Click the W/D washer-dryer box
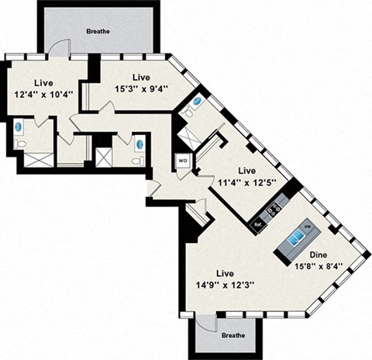[x=183, y=162]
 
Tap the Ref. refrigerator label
[x=258, y=224]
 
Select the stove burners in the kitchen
[x=273, y=209]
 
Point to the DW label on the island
[x=307, y=225]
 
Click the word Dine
[x=319, y=254]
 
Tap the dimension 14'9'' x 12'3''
[x=225, y=285]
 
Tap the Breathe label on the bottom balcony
[x=232, y=335]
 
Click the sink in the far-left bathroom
[x=19, y=126]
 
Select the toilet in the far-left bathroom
[x=20, y=144]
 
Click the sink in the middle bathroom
[x=139, y=144]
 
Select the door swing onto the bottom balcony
[x=205, y=325]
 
